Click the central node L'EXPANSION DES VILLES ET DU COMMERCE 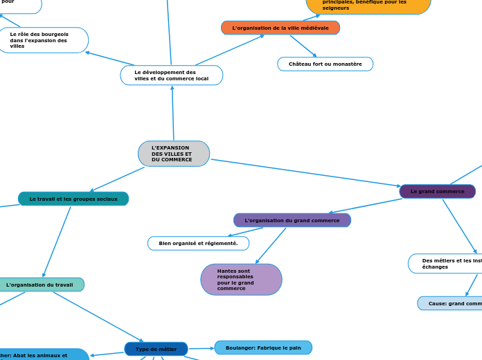[174, 154]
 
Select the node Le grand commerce [438, 191]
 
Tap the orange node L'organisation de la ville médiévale [280, 28]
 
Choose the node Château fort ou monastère [325, 64]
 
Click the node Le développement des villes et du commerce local [172, 75]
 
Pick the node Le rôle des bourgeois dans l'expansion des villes [43, 40]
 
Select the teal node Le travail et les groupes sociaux [73, 199]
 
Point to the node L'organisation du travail [40, 285]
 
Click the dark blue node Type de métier [156, 349]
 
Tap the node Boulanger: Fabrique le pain [263, 348]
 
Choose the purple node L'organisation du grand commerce [292, 220]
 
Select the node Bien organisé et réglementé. [198, 243]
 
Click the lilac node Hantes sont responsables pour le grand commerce [241, 280]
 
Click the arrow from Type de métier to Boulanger [201, 348]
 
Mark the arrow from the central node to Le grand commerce [305, 172]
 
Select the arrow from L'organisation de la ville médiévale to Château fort [303, 46]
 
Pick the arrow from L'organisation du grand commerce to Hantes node [271, 246]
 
